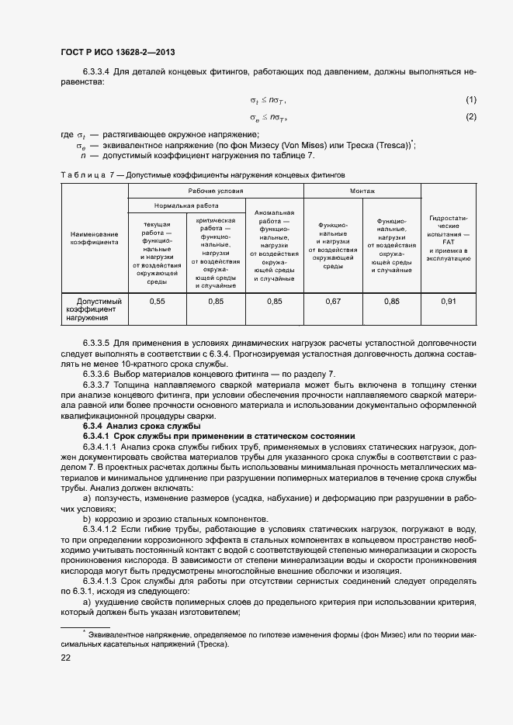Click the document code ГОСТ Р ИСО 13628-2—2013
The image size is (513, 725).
point(116,53)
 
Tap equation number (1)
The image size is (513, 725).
point(470,100)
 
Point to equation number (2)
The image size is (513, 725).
point(470,117)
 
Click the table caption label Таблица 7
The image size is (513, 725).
point(85,175)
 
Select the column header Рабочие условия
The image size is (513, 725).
point(215,190)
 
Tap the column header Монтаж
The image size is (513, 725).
point(362,190)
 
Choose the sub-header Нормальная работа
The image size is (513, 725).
point(186,206)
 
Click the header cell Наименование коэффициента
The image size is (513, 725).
point(94,238)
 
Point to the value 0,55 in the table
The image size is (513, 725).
point(158,301)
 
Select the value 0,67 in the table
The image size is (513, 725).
point(333,301)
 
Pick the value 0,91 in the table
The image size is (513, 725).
point(449,301)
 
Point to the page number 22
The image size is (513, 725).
point(66,658)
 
